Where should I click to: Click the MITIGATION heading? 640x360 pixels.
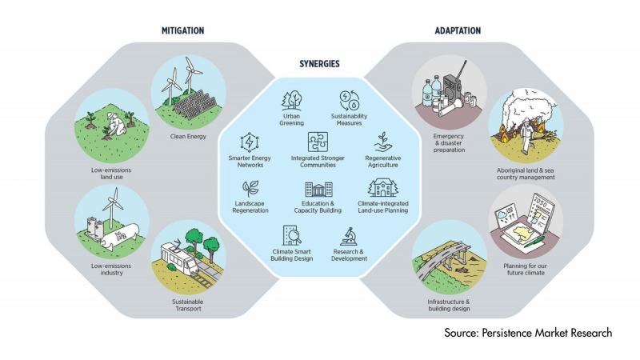(x=182, y=30)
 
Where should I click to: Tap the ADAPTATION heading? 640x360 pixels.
(x=457, y=30)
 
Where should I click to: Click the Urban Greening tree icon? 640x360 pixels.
(x=291, y=100)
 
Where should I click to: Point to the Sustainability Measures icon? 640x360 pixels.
(x=350, y=100)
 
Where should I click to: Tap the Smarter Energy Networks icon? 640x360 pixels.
(x=250, y=142)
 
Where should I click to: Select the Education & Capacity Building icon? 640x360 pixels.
(x=318, y=190)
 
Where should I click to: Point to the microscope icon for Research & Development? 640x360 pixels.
(x=349, y=236)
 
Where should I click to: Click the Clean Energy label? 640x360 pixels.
(x=188, y=136)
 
